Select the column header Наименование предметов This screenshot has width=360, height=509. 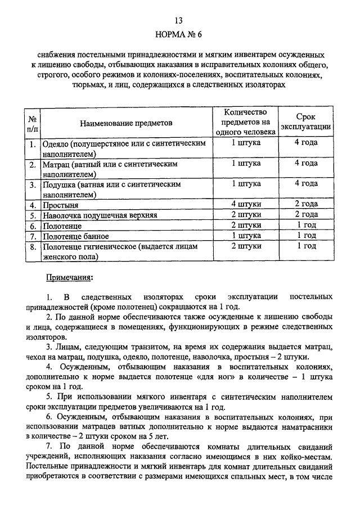pos(126,123)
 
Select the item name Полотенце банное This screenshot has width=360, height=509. pos(76,236)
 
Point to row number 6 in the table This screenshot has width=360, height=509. pos(33,226)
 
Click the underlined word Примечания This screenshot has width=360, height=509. pos(69,278)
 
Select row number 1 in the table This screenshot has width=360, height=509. pos(33,143)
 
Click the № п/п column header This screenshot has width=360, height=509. pos(33,123)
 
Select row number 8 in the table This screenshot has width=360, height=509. pos(33,246)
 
